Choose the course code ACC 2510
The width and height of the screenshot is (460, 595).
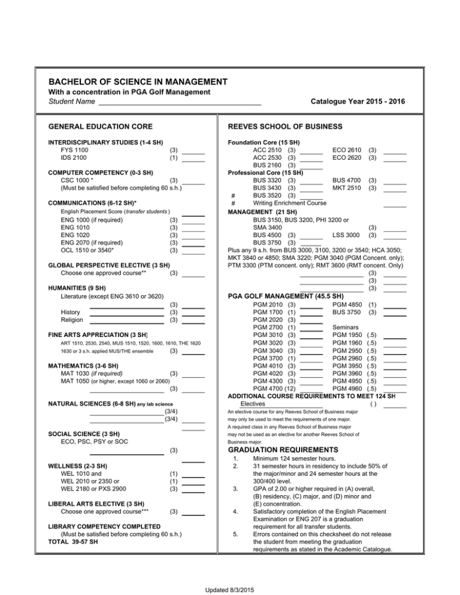point(269,149)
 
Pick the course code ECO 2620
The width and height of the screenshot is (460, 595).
point(347,157)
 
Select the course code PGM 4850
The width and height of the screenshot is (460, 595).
point(347,305)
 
